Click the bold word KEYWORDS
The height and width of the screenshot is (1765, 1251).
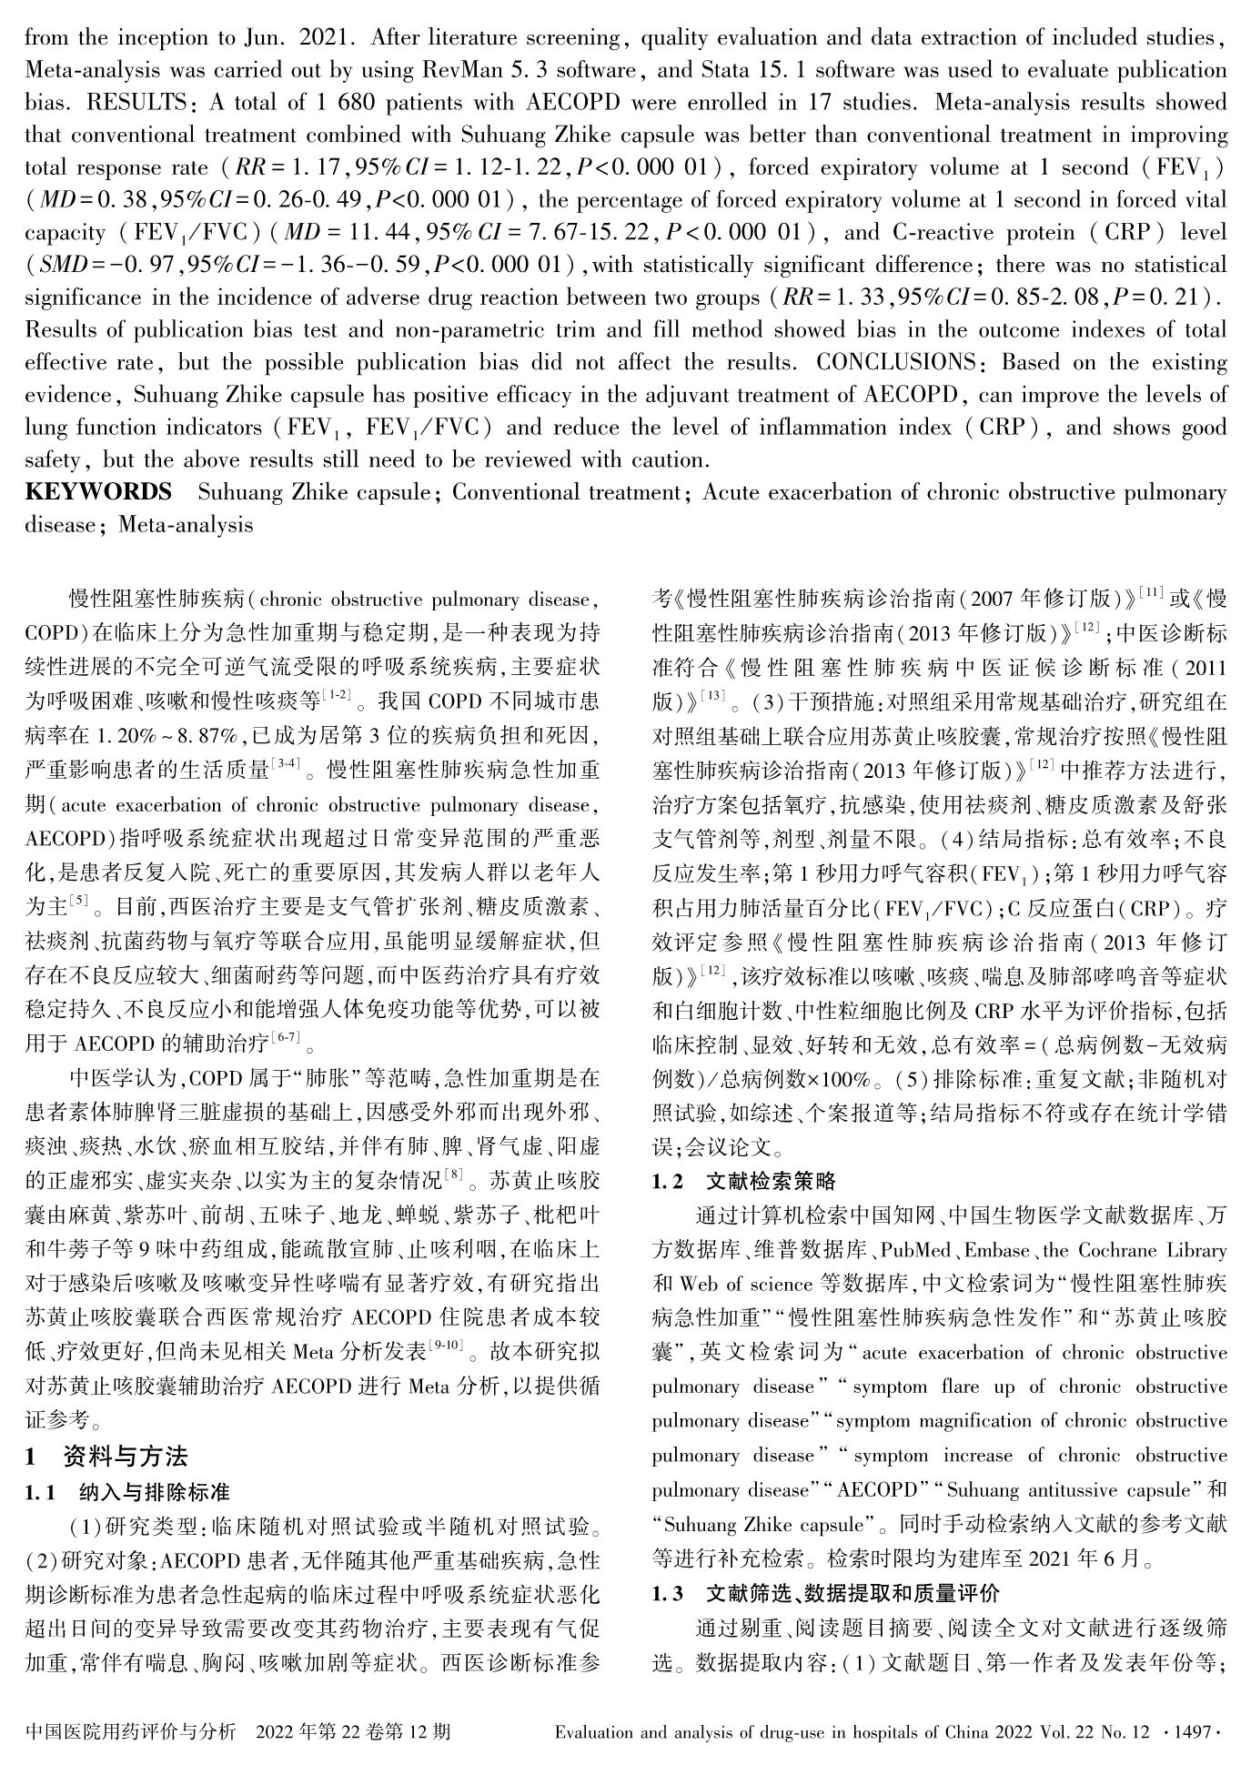98,493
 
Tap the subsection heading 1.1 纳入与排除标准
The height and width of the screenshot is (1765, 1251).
127,1492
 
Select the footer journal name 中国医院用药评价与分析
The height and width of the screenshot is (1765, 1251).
132,1731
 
